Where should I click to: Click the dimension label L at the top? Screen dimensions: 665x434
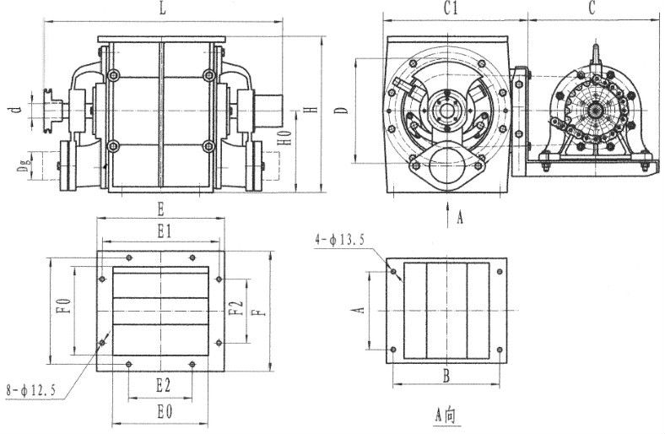pos(163,9)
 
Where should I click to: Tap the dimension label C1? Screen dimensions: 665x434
pos(451,8)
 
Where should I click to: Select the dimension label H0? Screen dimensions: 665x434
pos(287,137)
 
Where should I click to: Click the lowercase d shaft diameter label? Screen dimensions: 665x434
pos(16,111)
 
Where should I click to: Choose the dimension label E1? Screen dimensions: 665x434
pos(165,231)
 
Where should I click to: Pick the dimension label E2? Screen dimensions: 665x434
pos(163,386)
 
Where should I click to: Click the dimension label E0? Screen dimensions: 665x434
pos(164,411)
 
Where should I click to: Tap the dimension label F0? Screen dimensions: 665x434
pos(63,307)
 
